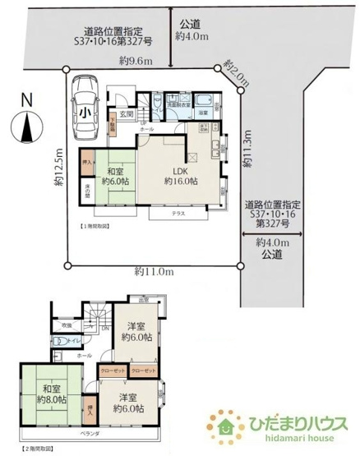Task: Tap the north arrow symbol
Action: (26, 123)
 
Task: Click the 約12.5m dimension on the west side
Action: (59, 168)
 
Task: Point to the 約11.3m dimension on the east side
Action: (247, 150)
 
